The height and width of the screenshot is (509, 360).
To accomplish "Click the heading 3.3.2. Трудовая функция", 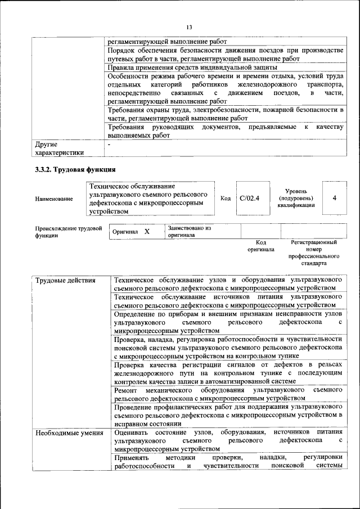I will [x=75, y=169].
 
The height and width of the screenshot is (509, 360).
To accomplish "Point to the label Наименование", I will [x=54, y=199].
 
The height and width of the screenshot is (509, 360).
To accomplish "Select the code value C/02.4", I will [x=249, y=198].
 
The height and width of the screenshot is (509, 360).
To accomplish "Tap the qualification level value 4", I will [x=335, y=198].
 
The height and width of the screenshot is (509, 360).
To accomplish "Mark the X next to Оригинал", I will [x=147, y=232].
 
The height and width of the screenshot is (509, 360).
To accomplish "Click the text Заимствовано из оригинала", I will [x=188, y=232].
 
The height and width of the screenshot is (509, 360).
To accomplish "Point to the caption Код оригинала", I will [x=261, y=245].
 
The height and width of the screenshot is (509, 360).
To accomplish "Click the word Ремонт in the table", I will [x=125, y=389].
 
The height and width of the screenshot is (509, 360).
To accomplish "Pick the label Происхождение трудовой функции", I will [x=68, y=232].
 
